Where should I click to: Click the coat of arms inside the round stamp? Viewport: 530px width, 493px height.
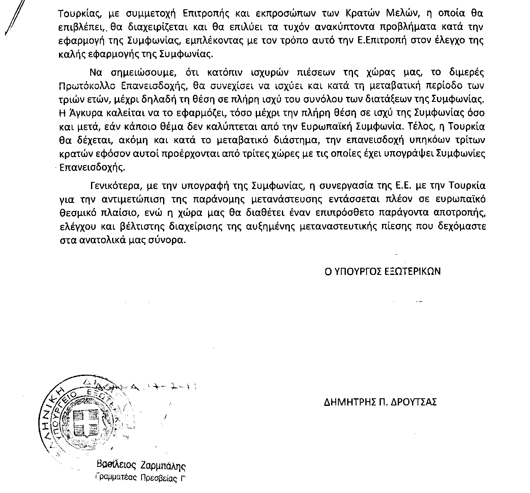(x=86, y=421)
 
